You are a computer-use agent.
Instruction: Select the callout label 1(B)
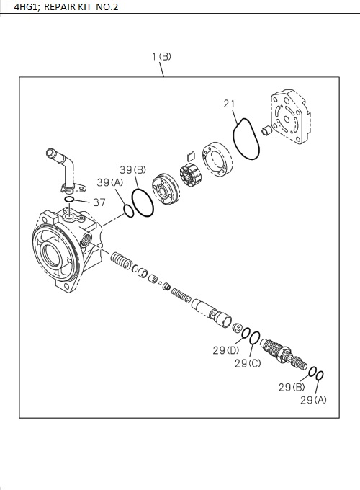(161, 55)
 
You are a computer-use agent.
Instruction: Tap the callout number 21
(229, 104)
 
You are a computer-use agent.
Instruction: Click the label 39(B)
(133, 170)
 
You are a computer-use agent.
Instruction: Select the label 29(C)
(248, 362)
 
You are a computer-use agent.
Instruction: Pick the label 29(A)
(312, 398)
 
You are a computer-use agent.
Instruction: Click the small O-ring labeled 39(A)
(128, 210)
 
